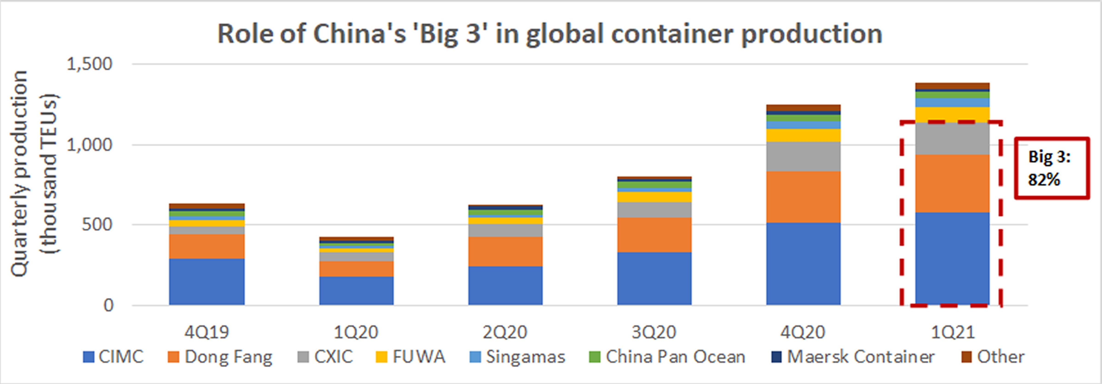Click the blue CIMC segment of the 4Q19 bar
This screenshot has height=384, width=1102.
(207, 282)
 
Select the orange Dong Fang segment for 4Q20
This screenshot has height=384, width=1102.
(803, 197)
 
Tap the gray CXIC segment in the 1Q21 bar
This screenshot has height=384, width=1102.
(952, 139)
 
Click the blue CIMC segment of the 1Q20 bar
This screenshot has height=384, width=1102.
(356, 291)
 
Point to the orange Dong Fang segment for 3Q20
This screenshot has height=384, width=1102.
(654, 235)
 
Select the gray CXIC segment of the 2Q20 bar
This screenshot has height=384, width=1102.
(505, 230)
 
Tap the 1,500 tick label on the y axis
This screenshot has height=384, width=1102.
(89, 64)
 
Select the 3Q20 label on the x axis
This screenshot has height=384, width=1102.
(654, 332)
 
